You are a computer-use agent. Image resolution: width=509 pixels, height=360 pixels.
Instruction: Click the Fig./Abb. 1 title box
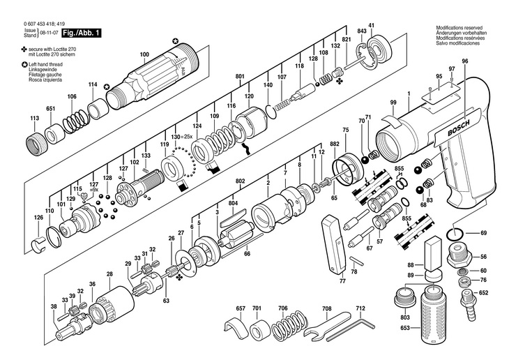[81, 33]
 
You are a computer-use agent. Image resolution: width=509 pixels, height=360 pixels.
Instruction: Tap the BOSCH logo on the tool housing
[459, 128]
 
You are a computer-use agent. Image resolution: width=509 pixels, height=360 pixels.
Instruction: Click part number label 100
[144, 54]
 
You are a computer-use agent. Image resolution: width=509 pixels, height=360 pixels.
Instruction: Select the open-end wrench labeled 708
[327, 326]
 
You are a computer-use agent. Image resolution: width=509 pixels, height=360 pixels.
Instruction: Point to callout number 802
[240, 181]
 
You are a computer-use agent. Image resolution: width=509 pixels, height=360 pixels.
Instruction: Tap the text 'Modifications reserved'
[459, 28]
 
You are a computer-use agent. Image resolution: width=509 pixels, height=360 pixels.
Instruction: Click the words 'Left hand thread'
[45, 64]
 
